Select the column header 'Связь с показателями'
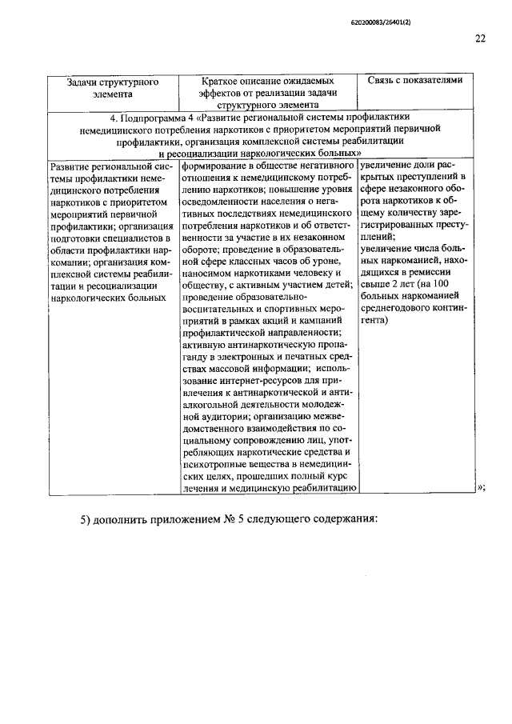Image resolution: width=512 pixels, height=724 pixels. click(415, 81)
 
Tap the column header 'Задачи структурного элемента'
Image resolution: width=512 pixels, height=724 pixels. click(113, 87)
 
